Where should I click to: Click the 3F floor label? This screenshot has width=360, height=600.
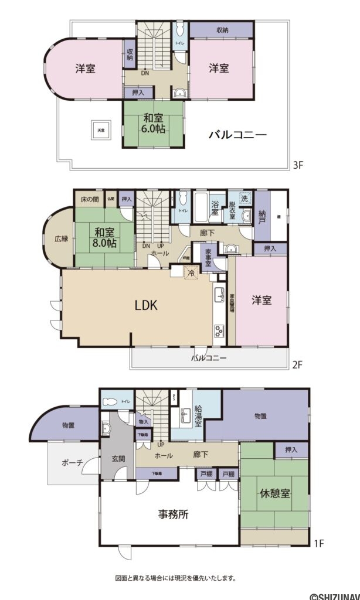point(297,166)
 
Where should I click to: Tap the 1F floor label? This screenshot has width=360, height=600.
point(319,544)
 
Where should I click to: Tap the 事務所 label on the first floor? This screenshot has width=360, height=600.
point(173,515)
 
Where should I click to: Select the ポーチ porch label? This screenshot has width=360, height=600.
point(72,463)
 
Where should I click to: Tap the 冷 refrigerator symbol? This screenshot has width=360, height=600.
point(191,272)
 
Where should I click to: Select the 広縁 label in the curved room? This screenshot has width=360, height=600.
point(61,239)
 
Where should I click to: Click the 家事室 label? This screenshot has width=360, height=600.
point(208,257)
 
